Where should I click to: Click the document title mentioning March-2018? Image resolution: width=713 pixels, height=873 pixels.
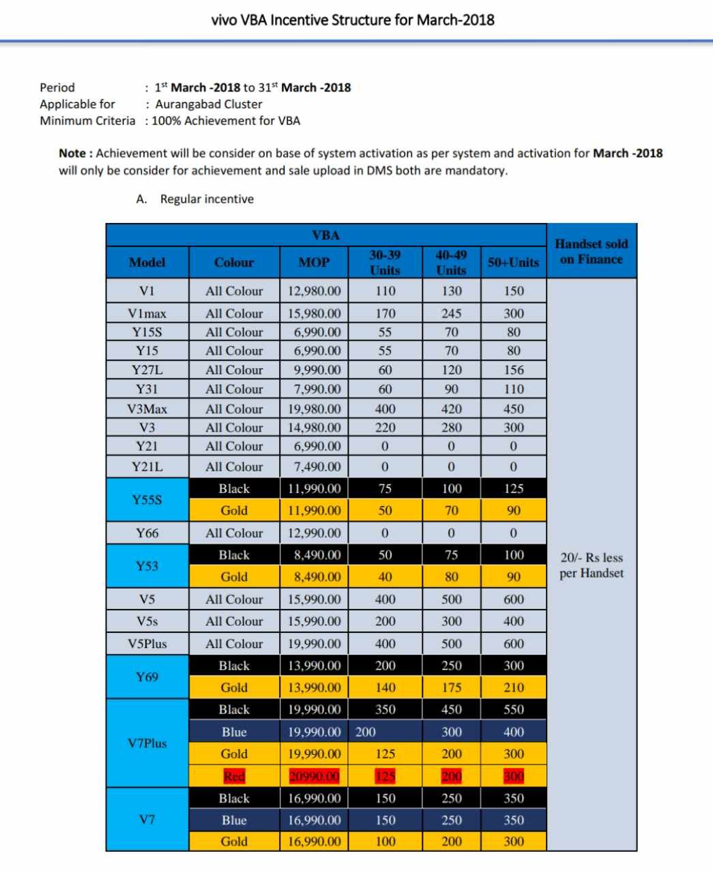353,20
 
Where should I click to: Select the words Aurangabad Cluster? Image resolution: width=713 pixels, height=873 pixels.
209,104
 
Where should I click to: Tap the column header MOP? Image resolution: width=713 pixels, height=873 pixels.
314,263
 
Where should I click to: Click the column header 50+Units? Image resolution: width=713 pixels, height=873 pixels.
513,263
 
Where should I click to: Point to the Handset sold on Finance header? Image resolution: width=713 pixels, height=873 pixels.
591,251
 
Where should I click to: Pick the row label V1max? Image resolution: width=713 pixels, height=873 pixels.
147,314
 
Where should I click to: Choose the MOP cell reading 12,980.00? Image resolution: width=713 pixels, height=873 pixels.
314,291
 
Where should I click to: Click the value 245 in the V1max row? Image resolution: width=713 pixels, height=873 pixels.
451,314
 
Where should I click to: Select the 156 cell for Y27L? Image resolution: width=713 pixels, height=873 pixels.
513,370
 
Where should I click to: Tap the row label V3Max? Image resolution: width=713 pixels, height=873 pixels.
147,409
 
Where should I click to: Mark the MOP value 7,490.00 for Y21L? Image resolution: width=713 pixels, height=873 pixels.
314,467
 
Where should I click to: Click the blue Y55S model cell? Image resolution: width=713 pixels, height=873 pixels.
147,500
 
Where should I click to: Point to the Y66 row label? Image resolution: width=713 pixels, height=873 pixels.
147,533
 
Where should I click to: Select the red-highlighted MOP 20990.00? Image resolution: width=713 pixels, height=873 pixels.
314,776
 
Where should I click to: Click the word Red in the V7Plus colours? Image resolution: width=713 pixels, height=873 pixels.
234,776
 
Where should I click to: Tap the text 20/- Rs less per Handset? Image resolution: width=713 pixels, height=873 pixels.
591,565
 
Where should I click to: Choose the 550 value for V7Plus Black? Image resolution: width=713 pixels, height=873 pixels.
513,710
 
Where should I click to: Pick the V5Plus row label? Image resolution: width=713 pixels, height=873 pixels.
147,644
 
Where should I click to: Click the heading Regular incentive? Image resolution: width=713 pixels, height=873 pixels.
207,199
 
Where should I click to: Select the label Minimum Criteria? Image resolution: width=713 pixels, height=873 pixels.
87,121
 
